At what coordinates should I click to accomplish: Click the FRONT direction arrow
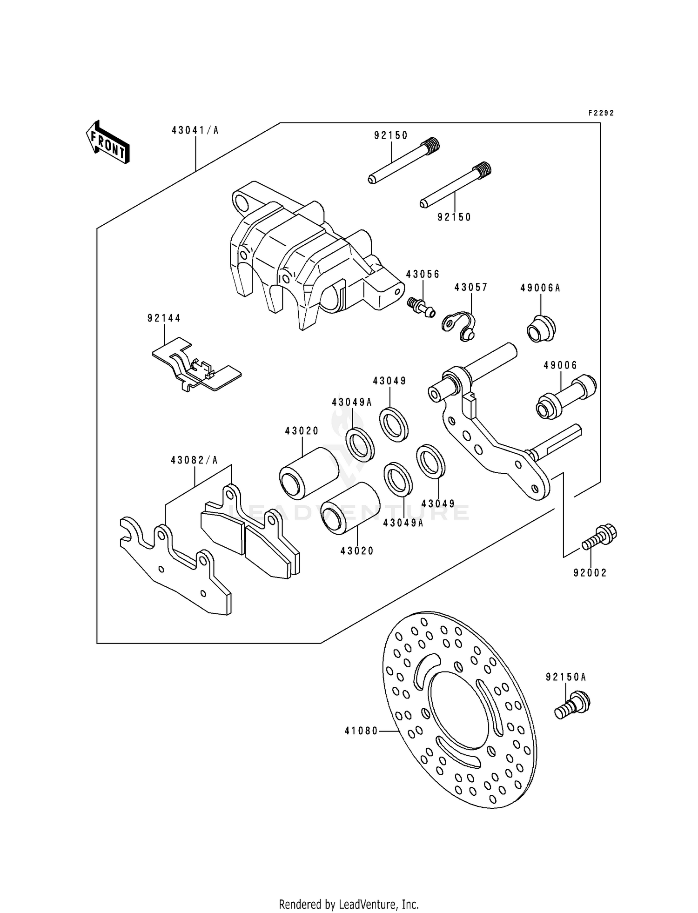[107, 142]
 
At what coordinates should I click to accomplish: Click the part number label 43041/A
[195, 130]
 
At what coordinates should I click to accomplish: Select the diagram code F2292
[601, 113]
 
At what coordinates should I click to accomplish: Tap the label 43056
[423, 274]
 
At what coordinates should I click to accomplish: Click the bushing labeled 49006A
[541, 329]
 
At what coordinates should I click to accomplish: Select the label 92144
[164, 318]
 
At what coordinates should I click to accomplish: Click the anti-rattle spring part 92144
[195, 366]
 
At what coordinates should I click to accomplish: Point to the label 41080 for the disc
[361, 731]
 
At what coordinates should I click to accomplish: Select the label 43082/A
[194, 460]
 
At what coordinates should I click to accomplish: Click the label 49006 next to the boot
[560, 365]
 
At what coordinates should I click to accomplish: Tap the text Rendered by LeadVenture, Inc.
[349, 892]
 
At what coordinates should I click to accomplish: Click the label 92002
[590, 573]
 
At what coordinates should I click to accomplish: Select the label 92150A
[566, 678]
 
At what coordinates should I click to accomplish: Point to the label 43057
[471, 288]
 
